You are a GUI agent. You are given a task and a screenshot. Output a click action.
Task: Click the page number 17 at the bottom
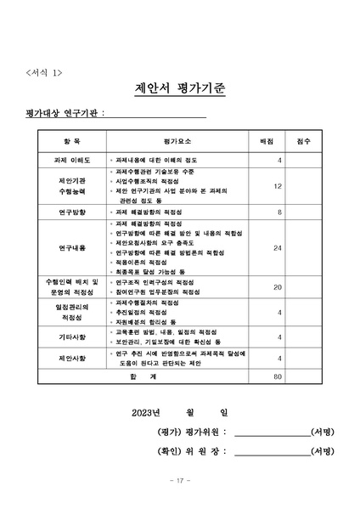tap(179, 481)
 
